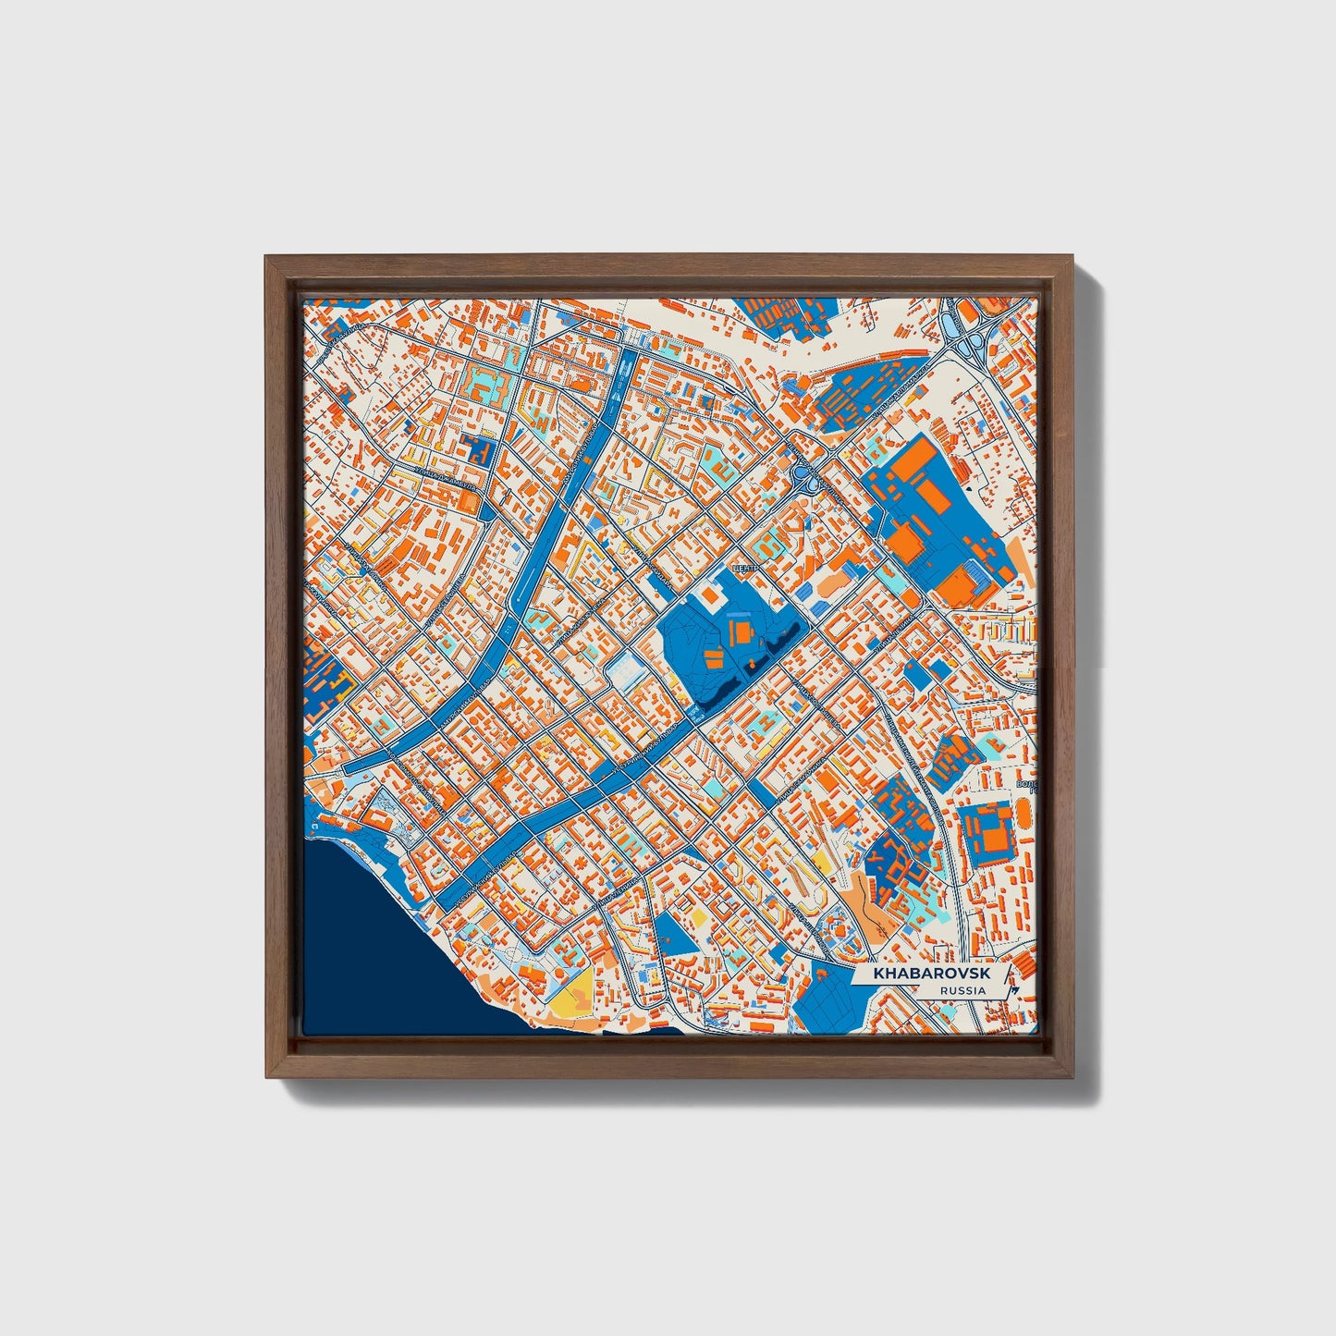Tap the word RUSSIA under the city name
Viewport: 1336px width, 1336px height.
962,990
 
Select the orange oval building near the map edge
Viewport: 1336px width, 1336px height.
1023,816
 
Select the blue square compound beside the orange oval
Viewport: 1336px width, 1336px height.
987,832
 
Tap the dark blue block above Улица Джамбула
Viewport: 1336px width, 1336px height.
479,450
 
